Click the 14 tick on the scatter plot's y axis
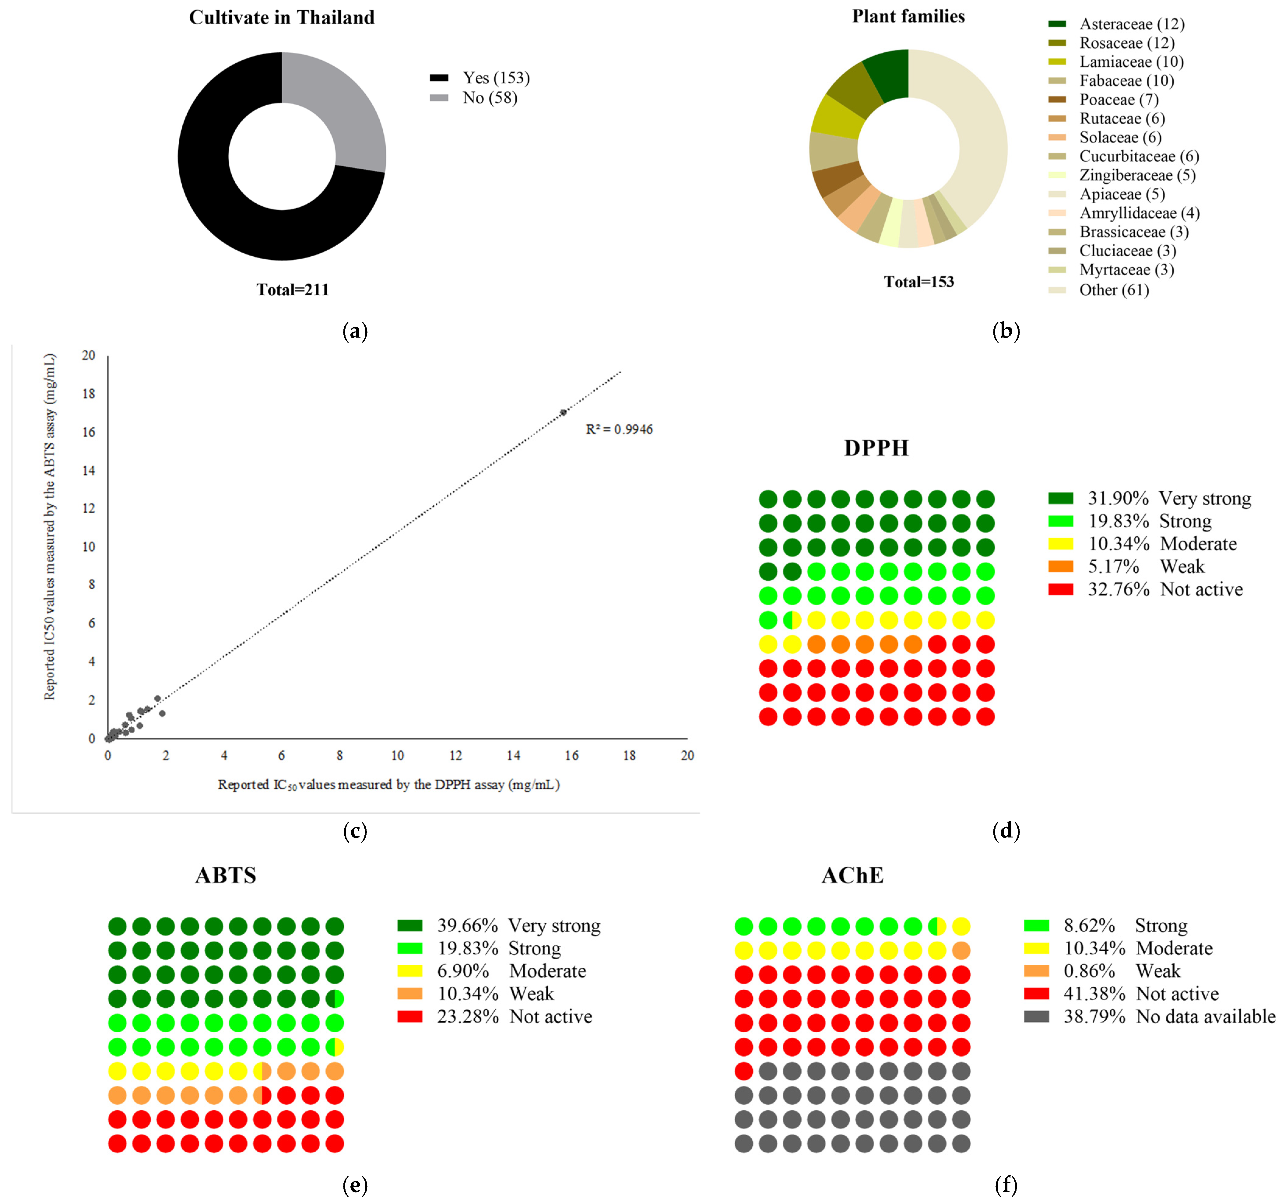coord(88,470)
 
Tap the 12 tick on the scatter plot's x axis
coord(455,755)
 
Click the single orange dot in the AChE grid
coord(961,950)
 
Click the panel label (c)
coord(355,831)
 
